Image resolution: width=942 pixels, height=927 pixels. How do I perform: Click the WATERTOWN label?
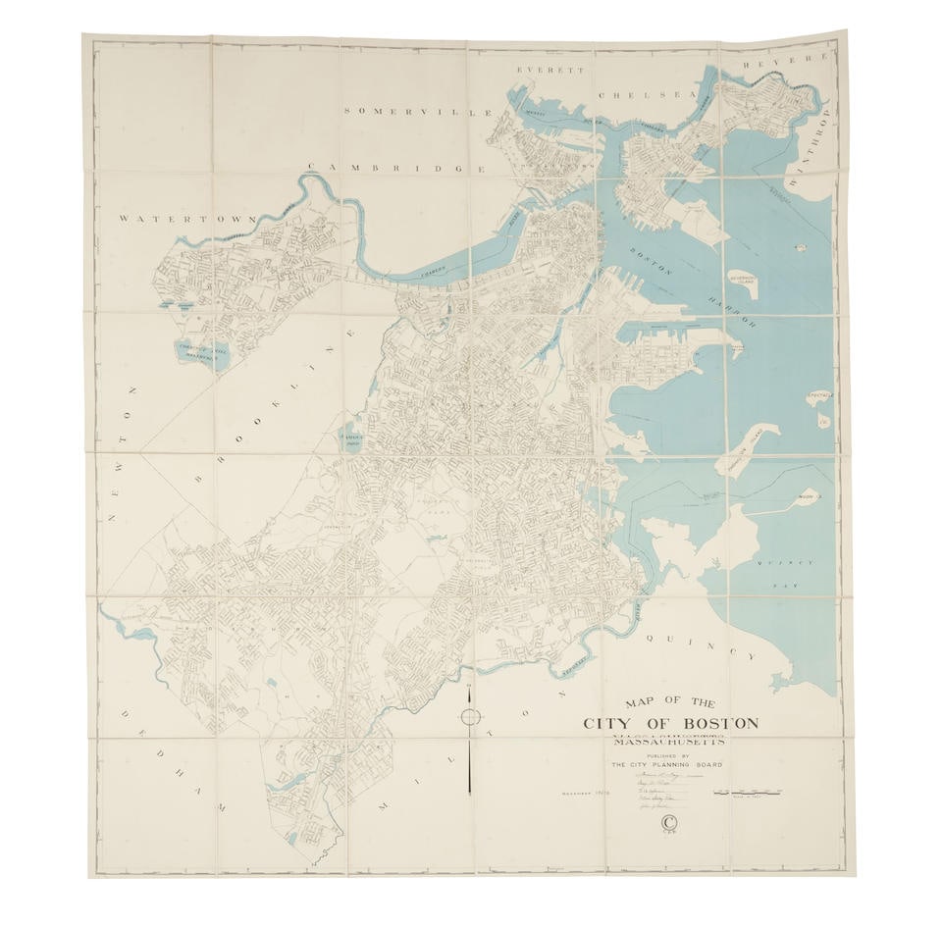185,219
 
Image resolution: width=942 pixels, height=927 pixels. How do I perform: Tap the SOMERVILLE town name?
417,112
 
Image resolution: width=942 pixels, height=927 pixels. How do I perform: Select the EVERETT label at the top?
551,72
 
